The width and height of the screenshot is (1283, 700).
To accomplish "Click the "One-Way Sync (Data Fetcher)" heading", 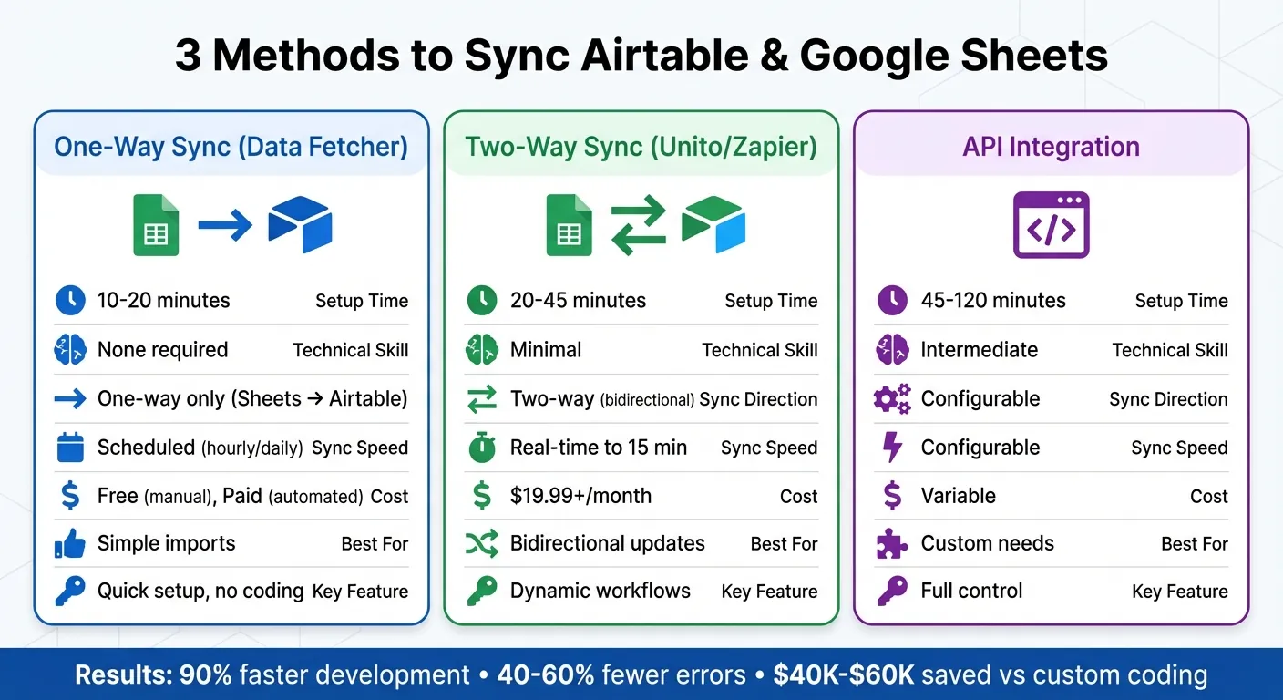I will (231, 147).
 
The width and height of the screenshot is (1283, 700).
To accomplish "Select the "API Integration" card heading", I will (1051, 147).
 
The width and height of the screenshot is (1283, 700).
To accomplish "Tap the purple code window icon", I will (1051, 225).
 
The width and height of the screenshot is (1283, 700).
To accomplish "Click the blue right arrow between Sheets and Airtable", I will (225, 224).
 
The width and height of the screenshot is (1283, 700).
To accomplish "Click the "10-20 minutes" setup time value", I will (163, 301).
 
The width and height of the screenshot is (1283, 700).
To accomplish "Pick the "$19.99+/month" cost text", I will (580, 496).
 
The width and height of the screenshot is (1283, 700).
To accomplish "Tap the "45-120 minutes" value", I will (993, 301).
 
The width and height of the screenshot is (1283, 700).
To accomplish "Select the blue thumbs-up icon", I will (70, 544).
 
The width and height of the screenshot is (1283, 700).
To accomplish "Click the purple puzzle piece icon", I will (892, 544).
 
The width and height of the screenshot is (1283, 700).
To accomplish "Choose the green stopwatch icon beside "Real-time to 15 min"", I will (481, 448).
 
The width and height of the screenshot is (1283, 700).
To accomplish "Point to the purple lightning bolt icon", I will (893, 448).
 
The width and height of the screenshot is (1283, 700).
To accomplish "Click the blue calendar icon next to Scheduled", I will (70, 448).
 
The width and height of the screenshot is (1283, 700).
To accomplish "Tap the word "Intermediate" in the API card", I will (980, 350).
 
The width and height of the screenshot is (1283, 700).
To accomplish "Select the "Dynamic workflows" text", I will (600, 591).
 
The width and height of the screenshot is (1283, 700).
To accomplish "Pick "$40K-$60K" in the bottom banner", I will (843, 675).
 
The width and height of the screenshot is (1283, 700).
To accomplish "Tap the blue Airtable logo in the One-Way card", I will (300, 224).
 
